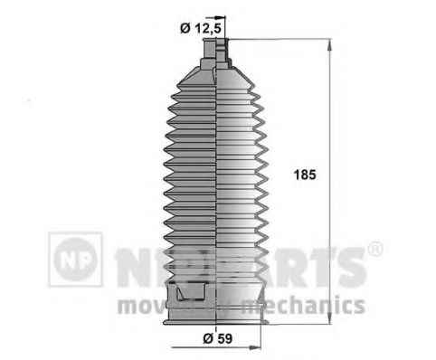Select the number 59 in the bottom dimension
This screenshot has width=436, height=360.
(223, 339)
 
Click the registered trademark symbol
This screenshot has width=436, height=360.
(375, 248)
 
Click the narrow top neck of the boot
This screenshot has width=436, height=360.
(215, 60)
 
